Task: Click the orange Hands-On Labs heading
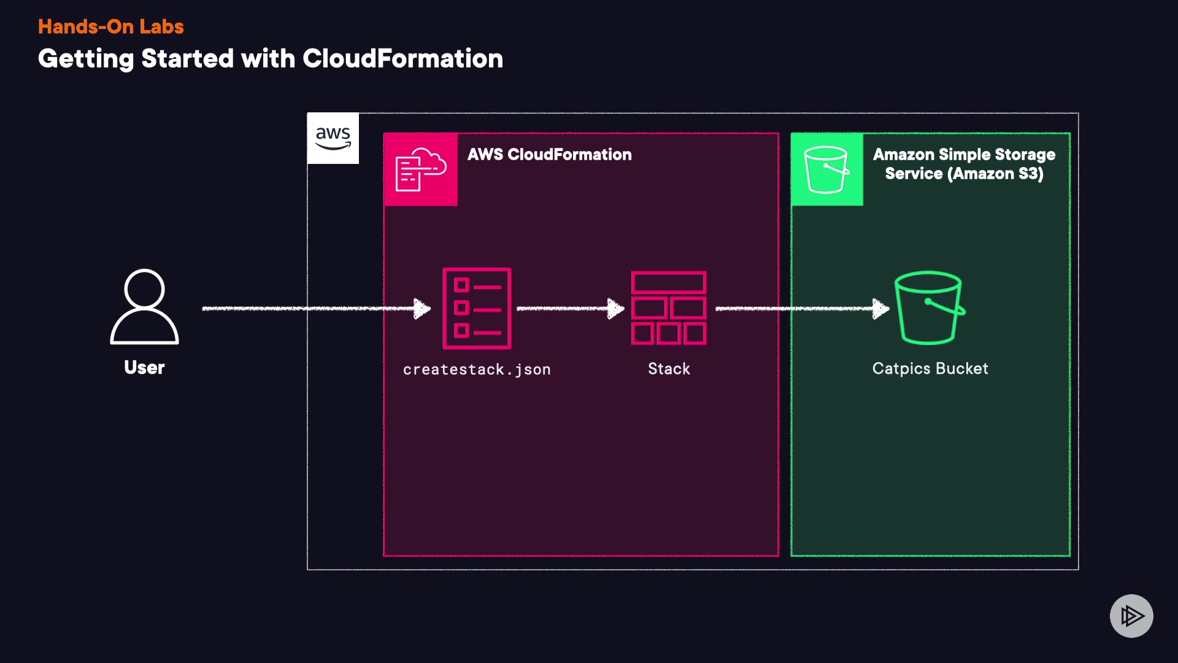(110, 26)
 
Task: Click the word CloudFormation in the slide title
(402, 59)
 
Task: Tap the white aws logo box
(333, 138)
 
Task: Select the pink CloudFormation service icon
(420, 169)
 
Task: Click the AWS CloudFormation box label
(549, 155)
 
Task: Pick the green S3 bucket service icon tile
(826, 169)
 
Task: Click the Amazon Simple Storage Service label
(964, 164)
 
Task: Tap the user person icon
(144, 306)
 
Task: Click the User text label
(144, 367)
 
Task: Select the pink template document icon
(477, 308)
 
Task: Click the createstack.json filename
(477, 370)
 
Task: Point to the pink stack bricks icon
(669, 308)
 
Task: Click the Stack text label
(669, 369)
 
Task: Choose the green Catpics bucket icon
(929, 308)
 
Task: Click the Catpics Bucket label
(930, 368)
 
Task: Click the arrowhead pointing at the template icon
(423, 308)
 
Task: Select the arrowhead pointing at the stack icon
(615, 308)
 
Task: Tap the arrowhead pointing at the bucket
(881, 308)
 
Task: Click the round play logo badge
(1131, 616)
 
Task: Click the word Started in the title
(188, 59)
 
